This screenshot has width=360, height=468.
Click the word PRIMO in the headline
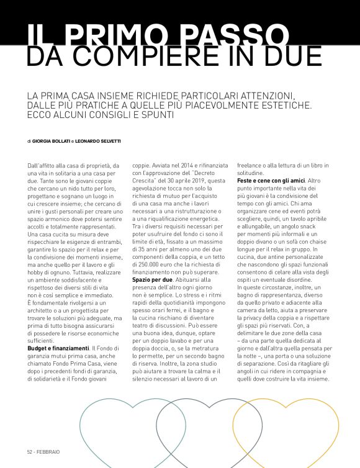pyautogui.click(x=133, y=35)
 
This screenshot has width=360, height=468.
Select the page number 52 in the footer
pyautogui.click(x=29, y=451)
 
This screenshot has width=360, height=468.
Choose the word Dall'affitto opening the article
pyautogui.click(x=43, y=166)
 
